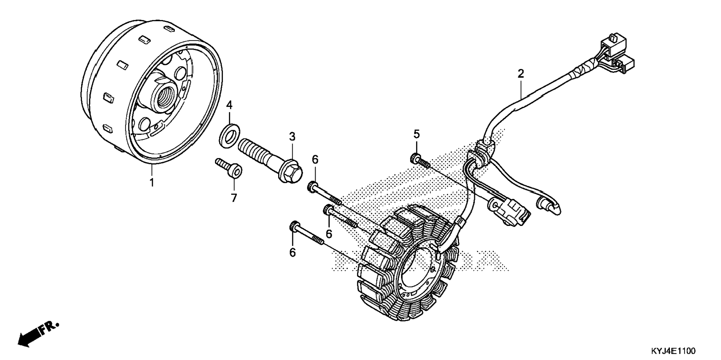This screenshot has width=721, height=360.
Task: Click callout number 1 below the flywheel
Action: [152, 183]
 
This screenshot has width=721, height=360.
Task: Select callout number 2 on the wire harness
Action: [520, 73]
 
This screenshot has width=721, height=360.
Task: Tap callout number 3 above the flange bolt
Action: [292, 137]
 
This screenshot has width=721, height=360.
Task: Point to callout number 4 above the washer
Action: [229, 105]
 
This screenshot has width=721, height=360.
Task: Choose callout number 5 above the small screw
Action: [416, 134]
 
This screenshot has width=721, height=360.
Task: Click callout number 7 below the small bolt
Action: [234, 198]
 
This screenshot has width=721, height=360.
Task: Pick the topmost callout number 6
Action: [315, 160]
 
